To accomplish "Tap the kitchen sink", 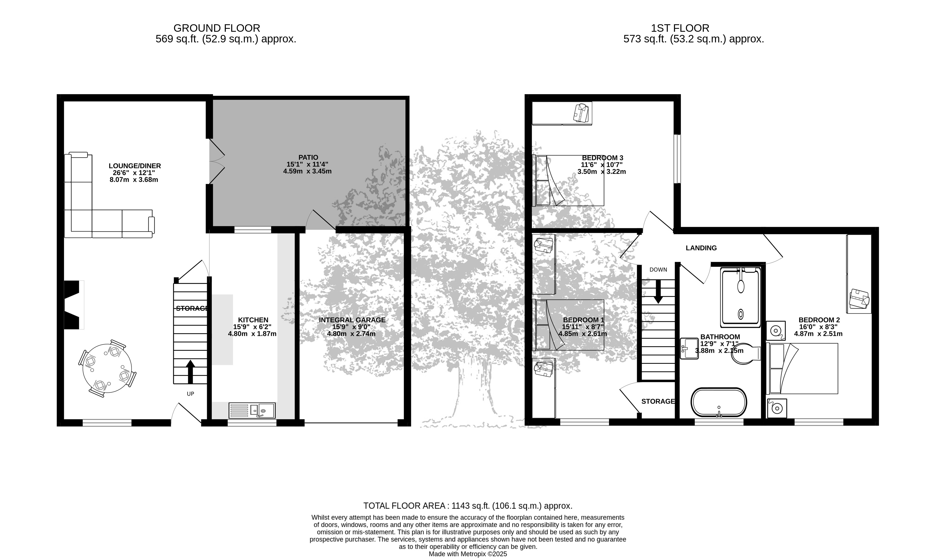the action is (252, 410).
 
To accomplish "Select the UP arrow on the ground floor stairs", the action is (190, 372).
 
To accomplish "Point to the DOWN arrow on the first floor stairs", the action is (658, 292).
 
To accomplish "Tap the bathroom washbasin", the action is (689, 348).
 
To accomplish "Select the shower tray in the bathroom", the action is (740, 297).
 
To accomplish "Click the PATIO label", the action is (308, 158).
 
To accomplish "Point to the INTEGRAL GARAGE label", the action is (352, 320).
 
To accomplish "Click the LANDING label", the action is (701, 248).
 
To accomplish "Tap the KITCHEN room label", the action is (253, 320).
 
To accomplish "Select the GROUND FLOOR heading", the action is (217, 28).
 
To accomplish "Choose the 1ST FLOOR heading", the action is (680, 28).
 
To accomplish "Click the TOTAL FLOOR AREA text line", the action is (468, 506).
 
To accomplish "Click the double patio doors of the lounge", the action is (217, 162).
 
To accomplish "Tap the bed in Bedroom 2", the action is (802, 369).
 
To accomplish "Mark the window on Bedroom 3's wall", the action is (677, 159).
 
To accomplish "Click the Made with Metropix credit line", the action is (468, 554).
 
